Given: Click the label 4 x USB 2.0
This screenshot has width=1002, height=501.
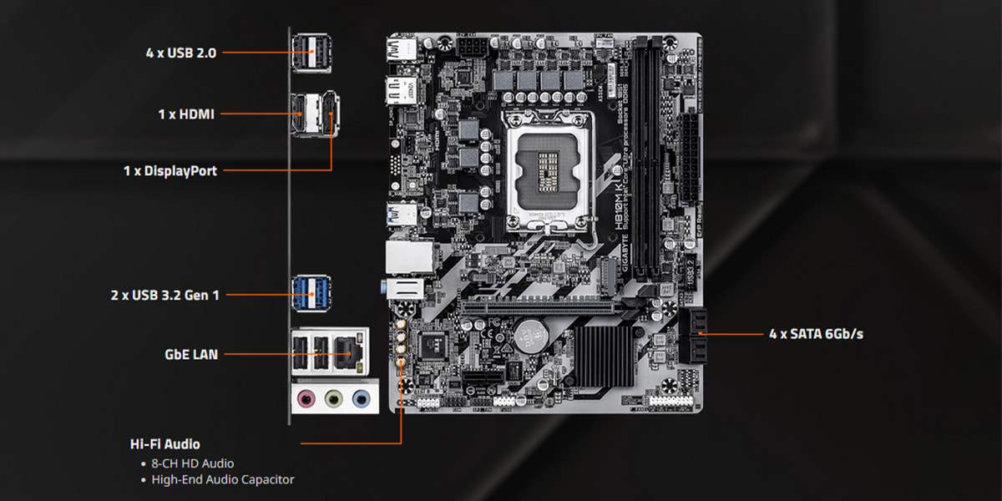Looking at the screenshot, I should [181, 53].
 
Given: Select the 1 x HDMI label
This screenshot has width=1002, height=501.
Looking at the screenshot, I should [186, 114].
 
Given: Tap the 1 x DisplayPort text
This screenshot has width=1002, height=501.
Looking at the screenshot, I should [170, 171].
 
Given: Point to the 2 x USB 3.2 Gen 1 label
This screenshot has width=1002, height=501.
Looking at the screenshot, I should [165, 295].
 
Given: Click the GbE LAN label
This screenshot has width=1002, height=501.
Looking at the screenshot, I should [191, 354].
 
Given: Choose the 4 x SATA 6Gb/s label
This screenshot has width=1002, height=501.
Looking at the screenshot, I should [816, 334].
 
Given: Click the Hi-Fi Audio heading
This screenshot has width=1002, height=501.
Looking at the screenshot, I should [164, 444].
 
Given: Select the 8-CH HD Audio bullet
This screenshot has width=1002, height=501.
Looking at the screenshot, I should [192, 463].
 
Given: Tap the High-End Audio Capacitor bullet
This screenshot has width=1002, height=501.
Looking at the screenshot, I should [222, 480].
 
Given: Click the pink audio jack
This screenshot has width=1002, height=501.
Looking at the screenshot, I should [307, 398].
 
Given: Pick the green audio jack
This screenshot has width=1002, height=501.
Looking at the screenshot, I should [334, 398].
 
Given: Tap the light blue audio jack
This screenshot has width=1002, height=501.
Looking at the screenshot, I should [360, 398].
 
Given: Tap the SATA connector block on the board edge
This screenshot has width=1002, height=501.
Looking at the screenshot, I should [693, 335].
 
